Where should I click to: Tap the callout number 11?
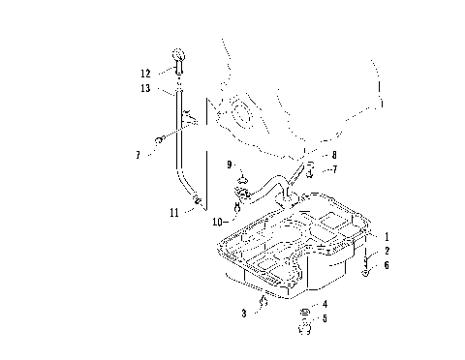click(174, 210)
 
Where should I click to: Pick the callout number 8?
click(333, 154)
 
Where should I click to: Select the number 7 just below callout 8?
click(334, 170)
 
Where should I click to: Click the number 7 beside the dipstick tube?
click(139, 154)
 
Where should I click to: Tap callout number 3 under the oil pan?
click(243, 314)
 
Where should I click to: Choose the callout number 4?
click(325, 305)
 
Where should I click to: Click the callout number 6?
click(387, 264)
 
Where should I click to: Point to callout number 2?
click(387, 250)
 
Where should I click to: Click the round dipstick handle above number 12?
click(180, 54)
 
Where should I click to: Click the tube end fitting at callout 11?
click(197, 201)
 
